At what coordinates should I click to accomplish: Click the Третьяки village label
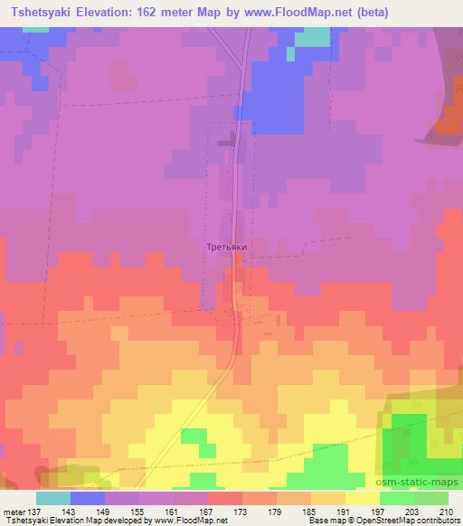pos(225,245)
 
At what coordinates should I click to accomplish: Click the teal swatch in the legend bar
pos(52,498)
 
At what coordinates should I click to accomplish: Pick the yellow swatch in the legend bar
pos(362,498)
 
